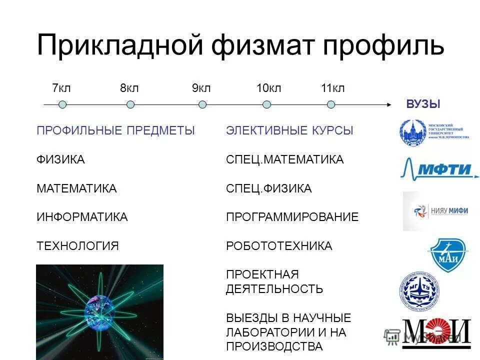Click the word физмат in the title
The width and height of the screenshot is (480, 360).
[262, 45]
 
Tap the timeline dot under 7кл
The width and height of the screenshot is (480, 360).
[62, 104]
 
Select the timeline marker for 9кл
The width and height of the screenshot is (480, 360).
[202, 104]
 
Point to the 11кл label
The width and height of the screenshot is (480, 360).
[332, 88]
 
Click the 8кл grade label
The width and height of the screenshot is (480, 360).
[129, 88]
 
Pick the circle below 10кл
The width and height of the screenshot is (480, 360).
[267, 104]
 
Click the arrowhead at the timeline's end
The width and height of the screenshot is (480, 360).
[388, 104]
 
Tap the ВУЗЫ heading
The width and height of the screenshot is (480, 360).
[423, 104]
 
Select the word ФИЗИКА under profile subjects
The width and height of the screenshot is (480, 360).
[60, 160]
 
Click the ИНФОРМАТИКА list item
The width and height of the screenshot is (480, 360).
[82, 217]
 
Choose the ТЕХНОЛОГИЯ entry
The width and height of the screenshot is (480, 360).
[77, 246]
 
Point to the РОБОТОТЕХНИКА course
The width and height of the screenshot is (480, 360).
[279, 246]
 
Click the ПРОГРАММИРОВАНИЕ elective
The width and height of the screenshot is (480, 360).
[292, 217]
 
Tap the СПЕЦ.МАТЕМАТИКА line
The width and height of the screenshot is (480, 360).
[284, 160]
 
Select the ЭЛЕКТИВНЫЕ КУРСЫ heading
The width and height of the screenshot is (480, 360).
[289, 131]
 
